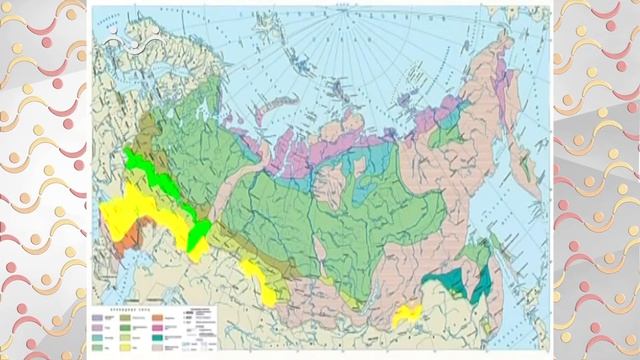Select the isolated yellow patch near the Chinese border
pos(408,316)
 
